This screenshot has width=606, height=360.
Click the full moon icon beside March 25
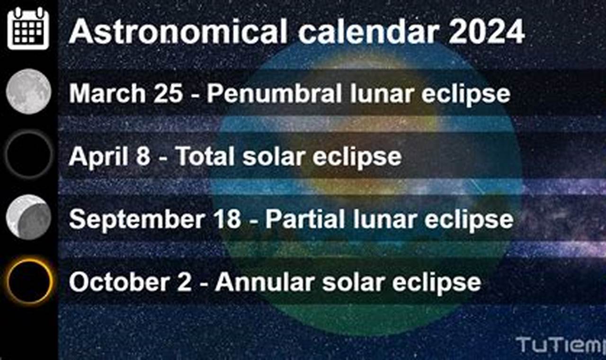28,91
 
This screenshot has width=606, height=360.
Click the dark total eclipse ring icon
28,154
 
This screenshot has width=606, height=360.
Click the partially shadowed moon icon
28,217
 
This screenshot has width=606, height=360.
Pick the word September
129,219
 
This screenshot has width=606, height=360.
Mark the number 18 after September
226,219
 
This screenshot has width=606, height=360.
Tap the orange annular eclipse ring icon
28,281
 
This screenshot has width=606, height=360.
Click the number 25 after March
167,93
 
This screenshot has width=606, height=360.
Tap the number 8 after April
143,156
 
